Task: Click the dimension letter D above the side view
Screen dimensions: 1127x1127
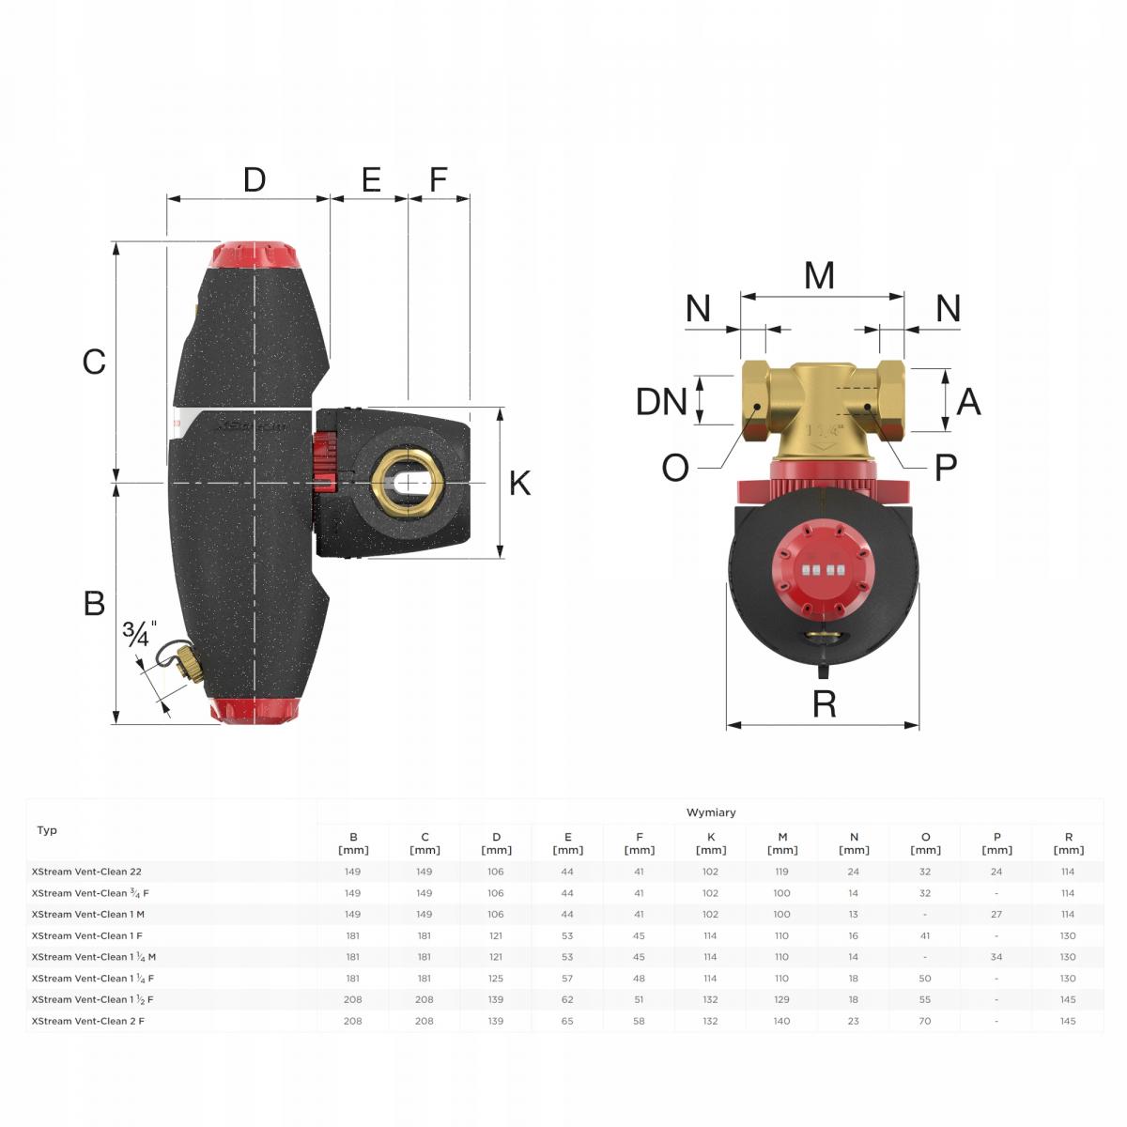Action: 255,179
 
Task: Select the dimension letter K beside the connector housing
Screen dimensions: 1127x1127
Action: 519,483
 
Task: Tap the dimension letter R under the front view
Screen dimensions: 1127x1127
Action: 824,703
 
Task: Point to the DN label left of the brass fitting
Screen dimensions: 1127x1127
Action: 661,402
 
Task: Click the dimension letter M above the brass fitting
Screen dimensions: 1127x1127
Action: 819,275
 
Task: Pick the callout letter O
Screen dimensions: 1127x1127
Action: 675,468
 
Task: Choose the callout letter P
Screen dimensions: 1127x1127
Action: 946,468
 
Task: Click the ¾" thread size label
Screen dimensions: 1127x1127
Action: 140,633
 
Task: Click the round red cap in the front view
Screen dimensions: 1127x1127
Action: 822,571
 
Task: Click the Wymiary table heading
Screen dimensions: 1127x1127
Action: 711,812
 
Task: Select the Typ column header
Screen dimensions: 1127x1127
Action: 47,830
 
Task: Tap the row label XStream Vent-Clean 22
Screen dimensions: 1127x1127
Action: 86,872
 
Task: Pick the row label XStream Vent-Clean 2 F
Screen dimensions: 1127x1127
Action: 87,1021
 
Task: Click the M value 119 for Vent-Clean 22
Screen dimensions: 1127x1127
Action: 781,872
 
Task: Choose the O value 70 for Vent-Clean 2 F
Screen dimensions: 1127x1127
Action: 925,1021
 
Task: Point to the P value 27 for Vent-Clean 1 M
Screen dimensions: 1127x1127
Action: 996,914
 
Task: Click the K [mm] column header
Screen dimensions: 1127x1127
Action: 711,843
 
